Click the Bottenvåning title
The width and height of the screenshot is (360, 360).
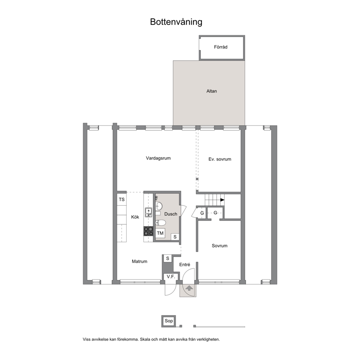click(x=176, y=22)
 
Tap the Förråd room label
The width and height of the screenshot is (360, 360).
click(x=221, y=47)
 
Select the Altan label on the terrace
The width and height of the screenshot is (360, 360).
click(x=212, y=91)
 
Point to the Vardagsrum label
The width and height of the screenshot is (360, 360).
click(x=158, y=158)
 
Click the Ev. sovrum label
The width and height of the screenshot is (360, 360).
click(x=220, y=159)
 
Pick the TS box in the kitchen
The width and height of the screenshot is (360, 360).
click(x=122, y=199)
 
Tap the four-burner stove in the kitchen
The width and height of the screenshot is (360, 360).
click(x=148, y=231)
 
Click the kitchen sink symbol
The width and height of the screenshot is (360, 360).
click(x=148, y=212)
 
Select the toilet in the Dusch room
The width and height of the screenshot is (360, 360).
click(x=160, y=223)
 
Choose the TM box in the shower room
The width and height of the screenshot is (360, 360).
click(x=160, y=233)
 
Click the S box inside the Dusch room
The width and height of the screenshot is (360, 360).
click(x=175, y=237)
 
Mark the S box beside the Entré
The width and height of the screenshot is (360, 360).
click(x=168, y=258)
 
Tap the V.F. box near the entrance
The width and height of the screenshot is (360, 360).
click(x=171, y=277)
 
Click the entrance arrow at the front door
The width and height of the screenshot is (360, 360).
click(x=189, y=288)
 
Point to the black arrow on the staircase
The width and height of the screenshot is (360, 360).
click(x=222, y=200)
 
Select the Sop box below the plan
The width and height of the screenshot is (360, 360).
click(x=169, y=321)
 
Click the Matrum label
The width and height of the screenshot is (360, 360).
click(x=140, y=262)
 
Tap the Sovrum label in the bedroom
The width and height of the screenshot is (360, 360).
click(x=220, y=246)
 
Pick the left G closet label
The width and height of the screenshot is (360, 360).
click(x=202, y=213)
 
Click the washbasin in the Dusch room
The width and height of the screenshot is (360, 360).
click(x=159, y=206)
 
